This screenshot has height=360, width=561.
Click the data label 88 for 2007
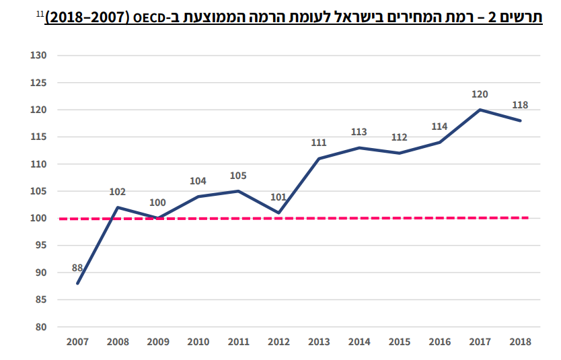[77, 268]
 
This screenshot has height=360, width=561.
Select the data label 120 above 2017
[480, 94]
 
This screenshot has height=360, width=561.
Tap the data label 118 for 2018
[520, 105]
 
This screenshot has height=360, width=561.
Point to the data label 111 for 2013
[319, 143]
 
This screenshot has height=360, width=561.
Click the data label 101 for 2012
[278, 197]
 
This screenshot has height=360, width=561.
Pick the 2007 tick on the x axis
[77, 341]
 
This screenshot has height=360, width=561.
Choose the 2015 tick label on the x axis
[400, 341]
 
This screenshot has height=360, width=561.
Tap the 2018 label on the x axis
[520, 341]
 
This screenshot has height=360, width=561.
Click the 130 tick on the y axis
[37, 55]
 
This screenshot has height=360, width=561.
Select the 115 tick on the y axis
[37, 137]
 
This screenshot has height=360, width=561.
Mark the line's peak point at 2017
[480, 110]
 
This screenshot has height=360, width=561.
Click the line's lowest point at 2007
[77, 283]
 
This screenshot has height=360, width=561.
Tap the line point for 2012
[278, 213]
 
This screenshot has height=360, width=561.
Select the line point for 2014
[359, 147]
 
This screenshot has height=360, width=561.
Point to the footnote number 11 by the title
[40, 12]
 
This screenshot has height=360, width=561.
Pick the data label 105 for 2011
[238, 176]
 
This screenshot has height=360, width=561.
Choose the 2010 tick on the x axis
[198, 341]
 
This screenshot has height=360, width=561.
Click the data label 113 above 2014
[359, 132]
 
